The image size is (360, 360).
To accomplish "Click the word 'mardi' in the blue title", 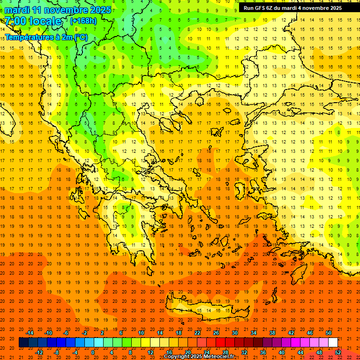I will pyautogui.click(x=17, y=10).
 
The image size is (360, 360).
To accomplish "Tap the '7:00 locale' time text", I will pyautogui.click(x=33, y=21).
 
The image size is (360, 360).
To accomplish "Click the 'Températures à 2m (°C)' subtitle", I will pyautogui.click(x=46, y=37).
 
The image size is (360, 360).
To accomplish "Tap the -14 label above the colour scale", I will pyautogui.click(x=30, y=333).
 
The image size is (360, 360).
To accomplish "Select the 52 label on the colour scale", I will pyautogui.click(x=338, y=352).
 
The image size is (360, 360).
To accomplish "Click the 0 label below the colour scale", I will pyautogui.click(x=92, y=352).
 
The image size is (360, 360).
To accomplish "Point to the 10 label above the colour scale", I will pyautogui.click(x=141, y=333).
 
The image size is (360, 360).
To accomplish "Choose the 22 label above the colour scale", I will pyautogui.click(x=197, y=333).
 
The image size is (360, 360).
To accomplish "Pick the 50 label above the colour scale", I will pyautogui.click(x=329, y=333).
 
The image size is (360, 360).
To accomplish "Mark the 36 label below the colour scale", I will pyautogui.click(x=263, y=352).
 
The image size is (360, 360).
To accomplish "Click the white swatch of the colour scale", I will pyautogui.click(x=333, y=342).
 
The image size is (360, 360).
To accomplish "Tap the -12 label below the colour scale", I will pyautogui.click(x=39, y=352).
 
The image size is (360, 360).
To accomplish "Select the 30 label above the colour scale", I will pyautogui.click(x=235, y=333).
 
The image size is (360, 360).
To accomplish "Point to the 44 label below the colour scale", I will pyautogui.click(x=300, y=352).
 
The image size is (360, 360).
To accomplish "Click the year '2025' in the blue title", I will pyautogui.click(x=100, y=10).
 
